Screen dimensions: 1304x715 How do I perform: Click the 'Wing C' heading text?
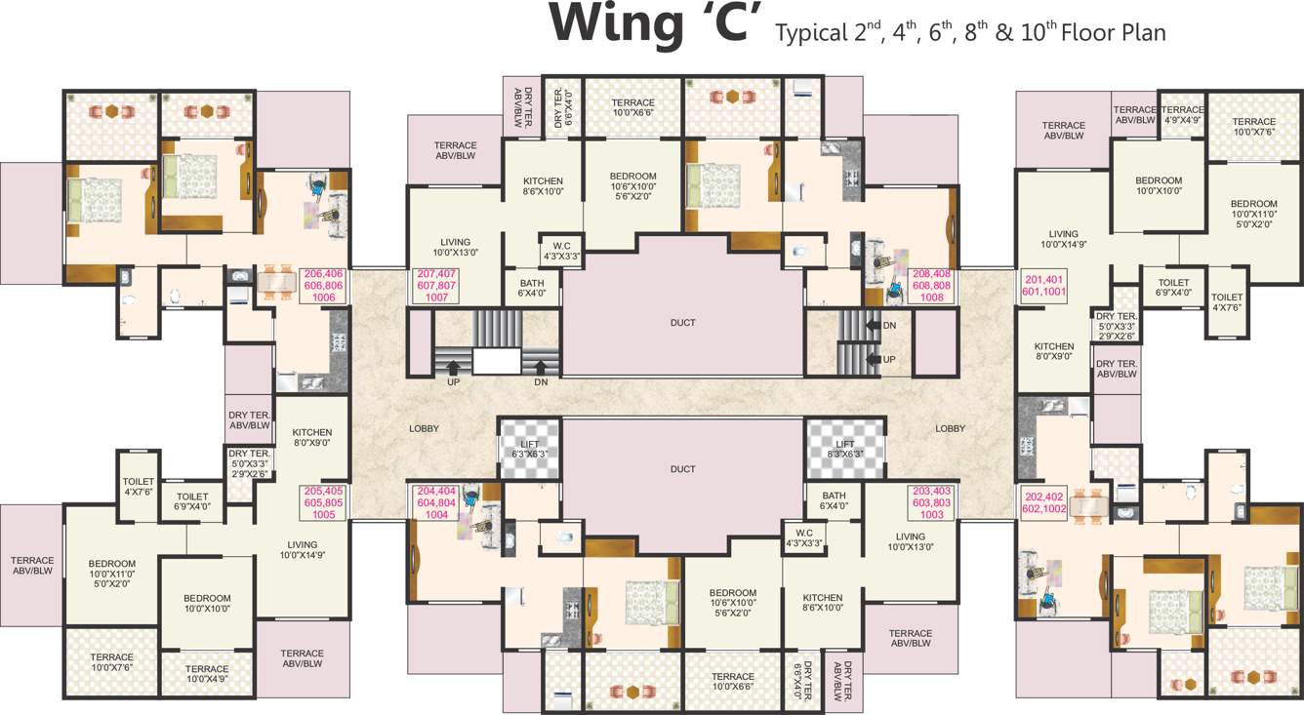point(656,25)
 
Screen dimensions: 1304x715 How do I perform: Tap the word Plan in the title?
point(1142,32)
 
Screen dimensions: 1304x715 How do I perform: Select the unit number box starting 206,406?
point(324,286)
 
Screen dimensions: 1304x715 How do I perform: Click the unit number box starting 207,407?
point(436,286)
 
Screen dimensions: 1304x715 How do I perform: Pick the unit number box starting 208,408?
point(931,286)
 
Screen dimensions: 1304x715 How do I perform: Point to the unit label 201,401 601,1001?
point(1043,286)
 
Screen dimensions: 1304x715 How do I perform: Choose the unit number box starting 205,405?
point(324,502)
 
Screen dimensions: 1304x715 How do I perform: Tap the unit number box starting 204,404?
point(436,502)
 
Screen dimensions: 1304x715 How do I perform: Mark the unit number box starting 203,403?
point(931,502)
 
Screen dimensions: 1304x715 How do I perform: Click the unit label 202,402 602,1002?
point(1044,502)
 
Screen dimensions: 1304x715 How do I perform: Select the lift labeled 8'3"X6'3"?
point(844,449)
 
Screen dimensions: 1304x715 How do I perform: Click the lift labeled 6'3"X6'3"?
point(530,449)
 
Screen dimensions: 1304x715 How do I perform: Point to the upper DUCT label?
point(683,322)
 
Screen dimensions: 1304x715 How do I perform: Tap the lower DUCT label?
point(683,469)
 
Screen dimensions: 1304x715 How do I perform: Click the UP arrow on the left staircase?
point(454,368)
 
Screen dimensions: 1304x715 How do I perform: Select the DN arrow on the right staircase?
point(874,325)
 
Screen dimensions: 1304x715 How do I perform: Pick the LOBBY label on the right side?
point(950,429)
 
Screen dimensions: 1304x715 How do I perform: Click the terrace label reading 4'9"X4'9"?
point(1182,115)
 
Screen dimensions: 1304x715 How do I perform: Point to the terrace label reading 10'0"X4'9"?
point(207,674)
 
